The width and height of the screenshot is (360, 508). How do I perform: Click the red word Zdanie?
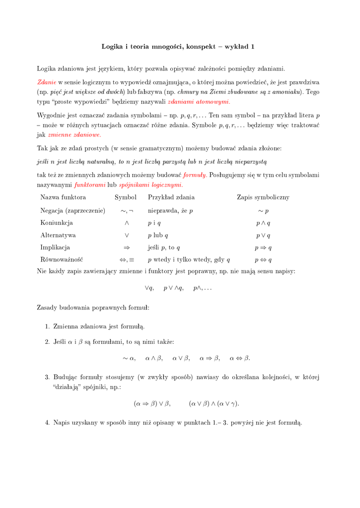47,82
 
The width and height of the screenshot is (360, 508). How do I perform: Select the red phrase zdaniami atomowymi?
199,102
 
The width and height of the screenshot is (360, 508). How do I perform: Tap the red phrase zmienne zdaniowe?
74,134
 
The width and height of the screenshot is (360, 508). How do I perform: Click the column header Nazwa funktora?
63,197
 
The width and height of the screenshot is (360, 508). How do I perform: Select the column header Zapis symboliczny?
263,197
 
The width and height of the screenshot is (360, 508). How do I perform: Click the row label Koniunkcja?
57,223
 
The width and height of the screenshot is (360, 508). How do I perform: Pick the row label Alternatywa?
58,236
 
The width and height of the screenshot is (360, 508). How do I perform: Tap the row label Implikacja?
55,248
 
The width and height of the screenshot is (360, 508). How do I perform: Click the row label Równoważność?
62,260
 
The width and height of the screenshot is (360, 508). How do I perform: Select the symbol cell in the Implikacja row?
127,248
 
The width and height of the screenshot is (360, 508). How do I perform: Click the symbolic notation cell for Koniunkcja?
263,223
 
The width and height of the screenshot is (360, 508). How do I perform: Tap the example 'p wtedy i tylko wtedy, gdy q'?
189,260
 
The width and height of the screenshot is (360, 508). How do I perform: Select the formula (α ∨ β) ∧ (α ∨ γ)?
214,404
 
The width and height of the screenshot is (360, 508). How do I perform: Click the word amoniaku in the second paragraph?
287,92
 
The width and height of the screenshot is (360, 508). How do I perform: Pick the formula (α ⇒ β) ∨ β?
152,404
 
